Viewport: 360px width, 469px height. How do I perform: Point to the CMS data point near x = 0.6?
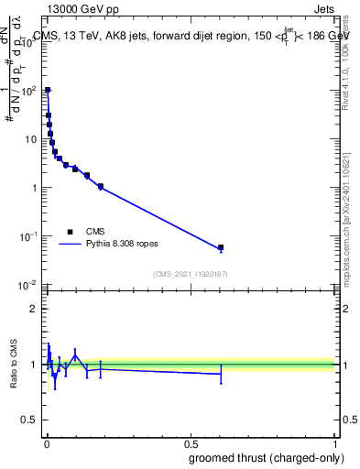(220, 247)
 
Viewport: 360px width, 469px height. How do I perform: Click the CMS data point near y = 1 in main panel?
(101, 186)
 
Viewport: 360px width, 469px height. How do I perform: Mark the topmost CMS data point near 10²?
(48, 90)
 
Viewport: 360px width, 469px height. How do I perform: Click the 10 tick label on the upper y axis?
(30, 139)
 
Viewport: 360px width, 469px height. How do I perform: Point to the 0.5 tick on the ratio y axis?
(31, 421)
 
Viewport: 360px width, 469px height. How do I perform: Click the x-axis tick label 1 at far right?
(336, 443)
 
